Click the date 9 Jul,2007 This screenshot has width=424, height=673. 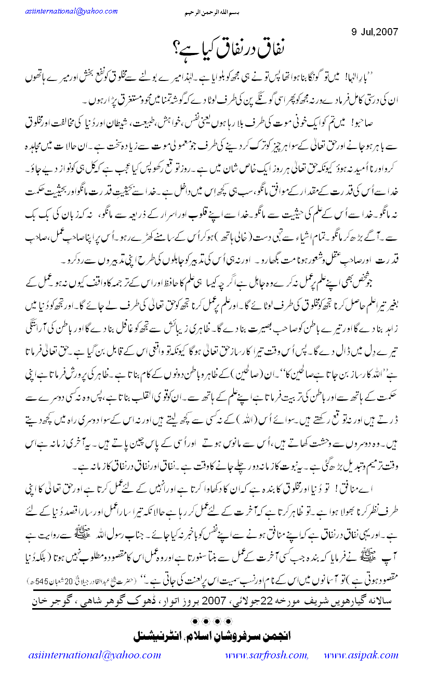pyautogui.click(x=374, y=31)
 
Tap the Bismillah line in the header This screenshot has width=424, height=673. pyautogui.click(x=212, y=11)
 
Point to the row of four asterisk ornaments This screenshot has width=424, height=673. pyautogui.click(x=211, y=620)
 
